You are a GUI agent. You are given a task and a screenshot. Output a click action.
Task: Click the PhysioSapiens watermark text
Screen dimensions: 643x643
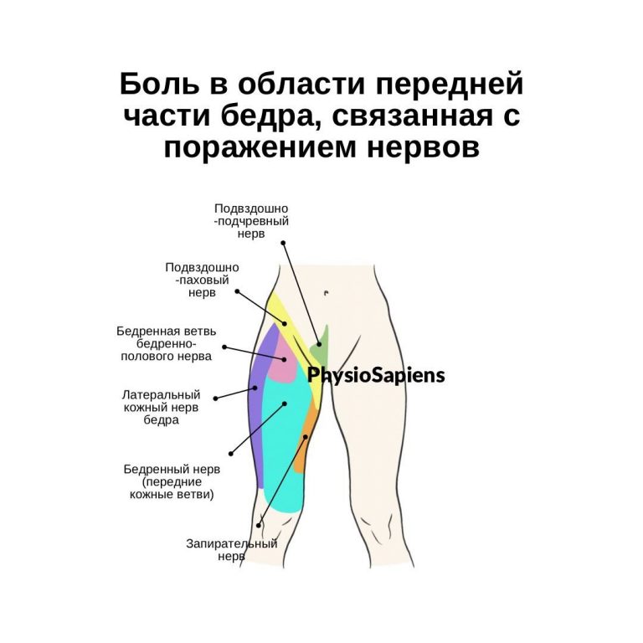pos(376,374)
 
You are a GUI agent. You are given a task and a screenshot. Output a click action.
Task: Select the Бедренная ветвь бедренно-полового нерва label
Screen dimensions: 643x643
pos(164,343)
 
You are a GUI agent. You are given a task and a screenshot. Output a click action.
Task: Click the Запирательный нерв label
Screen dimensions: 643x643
pos(230,549)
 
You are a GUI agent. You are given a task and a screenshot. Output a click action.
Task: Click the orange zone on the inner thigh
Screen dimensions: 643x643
pos(308,427)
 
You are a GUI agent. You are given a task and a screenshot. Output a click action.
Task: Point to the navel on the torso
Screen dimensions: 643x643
pos(325,292)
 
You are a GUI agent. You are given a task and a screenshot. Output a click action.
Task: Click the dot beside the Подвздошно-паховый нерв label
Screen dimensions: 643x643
pos(237,291)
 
